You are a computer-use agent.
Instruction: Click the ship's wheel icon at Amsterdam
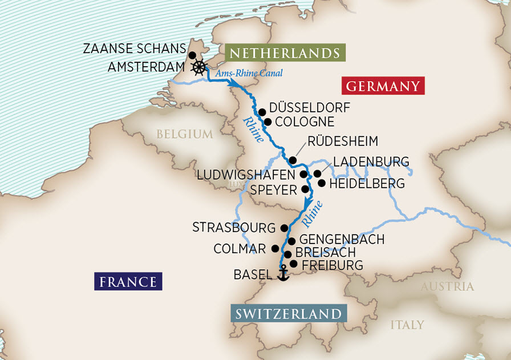point(198,68)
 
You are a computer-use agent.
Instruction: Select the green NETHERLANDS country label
point(283,54)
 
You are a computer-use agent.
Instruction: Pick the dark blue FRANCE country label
point(128,281)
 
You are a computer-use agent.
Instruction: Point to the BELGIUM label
point(184,134)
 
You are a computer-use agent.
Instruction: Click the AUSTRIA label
point(447,286)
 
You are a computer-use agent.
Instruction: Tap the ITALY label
point(407,325)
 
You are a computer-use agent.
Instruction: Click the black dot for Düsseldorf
point(262,112)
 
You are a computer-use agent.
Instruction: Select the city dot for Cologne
point(267,122)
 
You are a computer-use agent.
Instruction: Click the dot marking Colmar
point(275,249)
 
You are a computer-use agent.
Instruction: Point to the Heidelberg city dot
point(322,184)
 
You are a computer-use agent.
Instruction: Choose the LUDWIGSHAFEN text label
point(246,174)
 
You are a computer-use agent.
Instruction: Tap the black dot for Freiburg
point(294,264)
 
